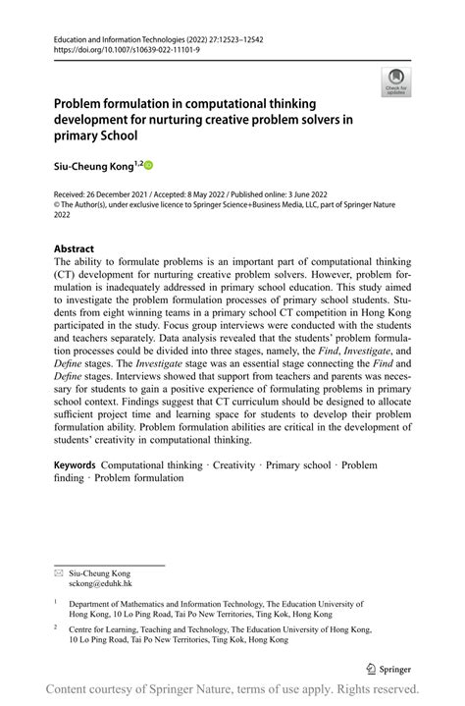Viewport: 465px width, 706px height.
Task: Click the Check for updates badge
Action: tap(396, 82)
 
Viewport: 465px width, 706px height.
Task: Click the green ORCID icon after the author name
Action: tap(150, 166)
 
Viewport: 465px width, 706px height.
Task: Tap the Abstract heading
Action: tap(74, 248)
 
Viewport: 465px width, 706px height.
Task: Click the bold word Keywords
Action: tap(75, 463)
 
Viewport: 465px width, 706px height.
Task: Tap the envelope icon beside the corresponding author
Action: tap(58, 572)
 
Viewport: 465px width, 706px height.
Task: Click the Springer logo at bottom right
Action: tap(388, 668)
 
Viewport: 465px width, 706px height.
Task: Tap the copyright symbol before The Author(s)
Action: tap(56, 205)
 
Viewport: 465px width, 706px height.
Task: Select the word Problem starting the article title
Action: tap(83, 102)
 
